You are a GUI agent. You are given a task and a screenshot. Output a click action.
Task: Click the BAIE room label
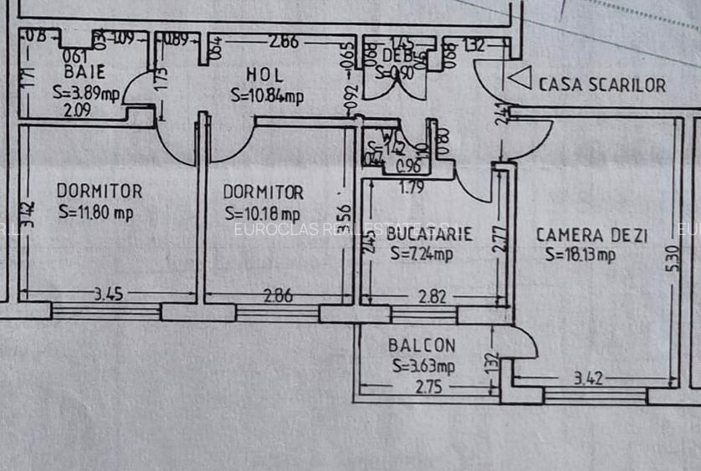pos(84,73)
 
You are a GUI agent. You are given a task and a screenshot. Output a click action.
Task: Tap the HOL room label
pos(265,75)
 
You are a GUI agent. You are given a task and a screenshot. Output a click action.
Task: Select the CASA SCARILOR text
pos(602,84)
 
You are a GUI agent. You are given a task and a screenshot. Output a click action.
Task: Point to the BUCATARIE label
pos(429,235)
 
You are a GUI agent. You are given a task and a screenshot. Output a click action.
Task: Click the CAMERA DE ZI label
pos(591,236)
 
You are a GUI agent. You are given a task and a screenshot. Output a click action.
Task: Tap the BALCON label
pos(422,346)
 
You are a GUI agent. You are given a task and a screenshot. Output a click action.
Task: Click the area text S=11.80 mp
pos(96,212)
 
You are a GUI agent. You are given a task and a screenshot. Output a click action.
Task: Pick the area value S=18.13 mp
pos(581,255)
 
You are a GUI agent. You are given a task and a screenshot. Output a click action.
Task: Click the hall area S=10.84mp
pos(268,96)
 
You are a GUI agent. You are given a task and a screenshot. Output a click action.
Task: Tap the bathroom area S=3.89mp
pos(86,92)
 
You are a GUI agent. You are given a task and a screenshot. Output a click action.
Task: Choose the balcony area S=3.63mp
pos(423,366)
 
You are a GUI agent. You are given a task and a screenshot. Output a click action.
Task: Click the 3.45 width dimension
pos(109,294)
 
